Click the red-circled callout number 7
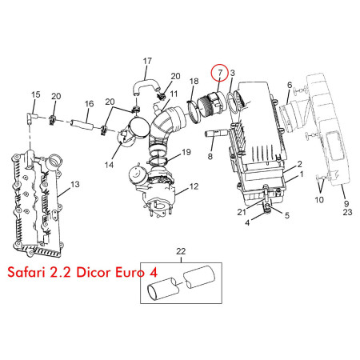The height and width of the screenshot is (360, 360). (220, 73)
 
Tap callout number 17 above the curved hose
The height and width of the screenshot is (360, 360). (147, 61)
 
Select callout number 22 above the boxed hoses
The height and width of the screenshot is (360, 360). (181, 251)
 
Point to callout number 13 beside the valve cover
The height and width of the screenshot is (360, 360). (75, 184)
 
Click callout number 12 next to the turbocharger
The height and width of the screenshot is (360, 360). (194, 186)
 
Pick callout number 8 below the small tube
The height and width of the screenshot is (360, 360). (210, 156)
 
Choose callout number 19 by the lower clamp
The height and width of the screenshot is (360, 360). (186, 152)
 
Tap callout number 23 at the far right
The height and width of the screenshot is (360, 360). (347, 212)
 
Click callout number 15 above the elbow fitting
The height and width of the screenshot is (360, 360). (36, 94)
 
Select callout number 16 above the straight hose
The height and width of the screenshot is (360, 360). (90, 103)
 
